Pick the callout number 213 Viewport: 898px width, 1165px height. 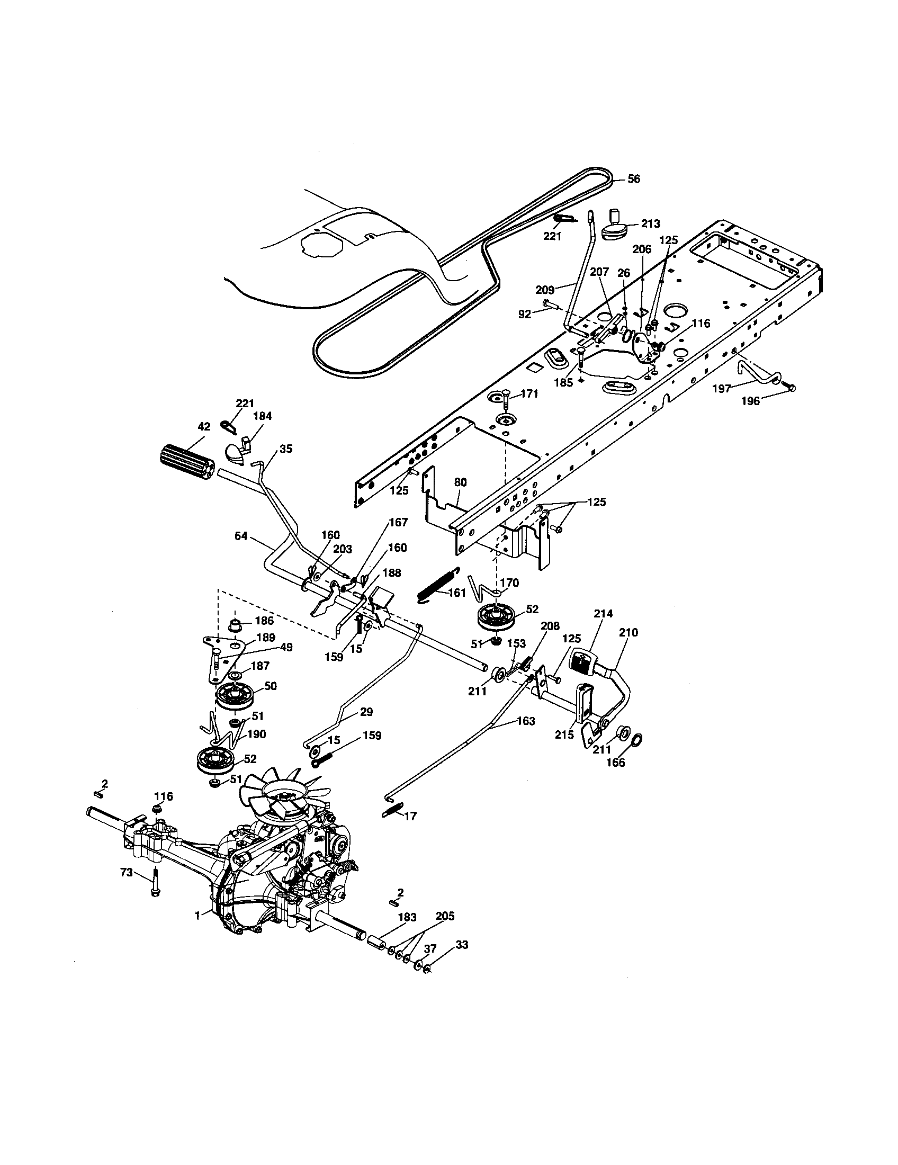click(650, 224)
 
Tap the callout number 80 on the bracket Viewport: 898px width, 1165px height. click(460, 482)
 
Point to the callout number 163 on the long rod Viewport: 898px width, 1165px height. click(526, 721)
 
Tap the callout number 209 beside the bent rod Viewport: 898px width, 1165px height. click(545, 290)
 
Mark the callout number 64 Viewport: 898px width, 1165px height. click(241, 535)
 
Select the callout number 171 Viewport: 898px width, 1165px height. click(529, 393)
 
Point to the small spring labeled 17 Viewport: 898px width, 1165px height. click(391, 824)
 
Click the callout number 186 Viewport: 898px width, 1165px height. click(265, 621)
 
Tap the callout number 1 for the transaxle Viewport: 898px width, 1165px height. click(197, 916)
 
